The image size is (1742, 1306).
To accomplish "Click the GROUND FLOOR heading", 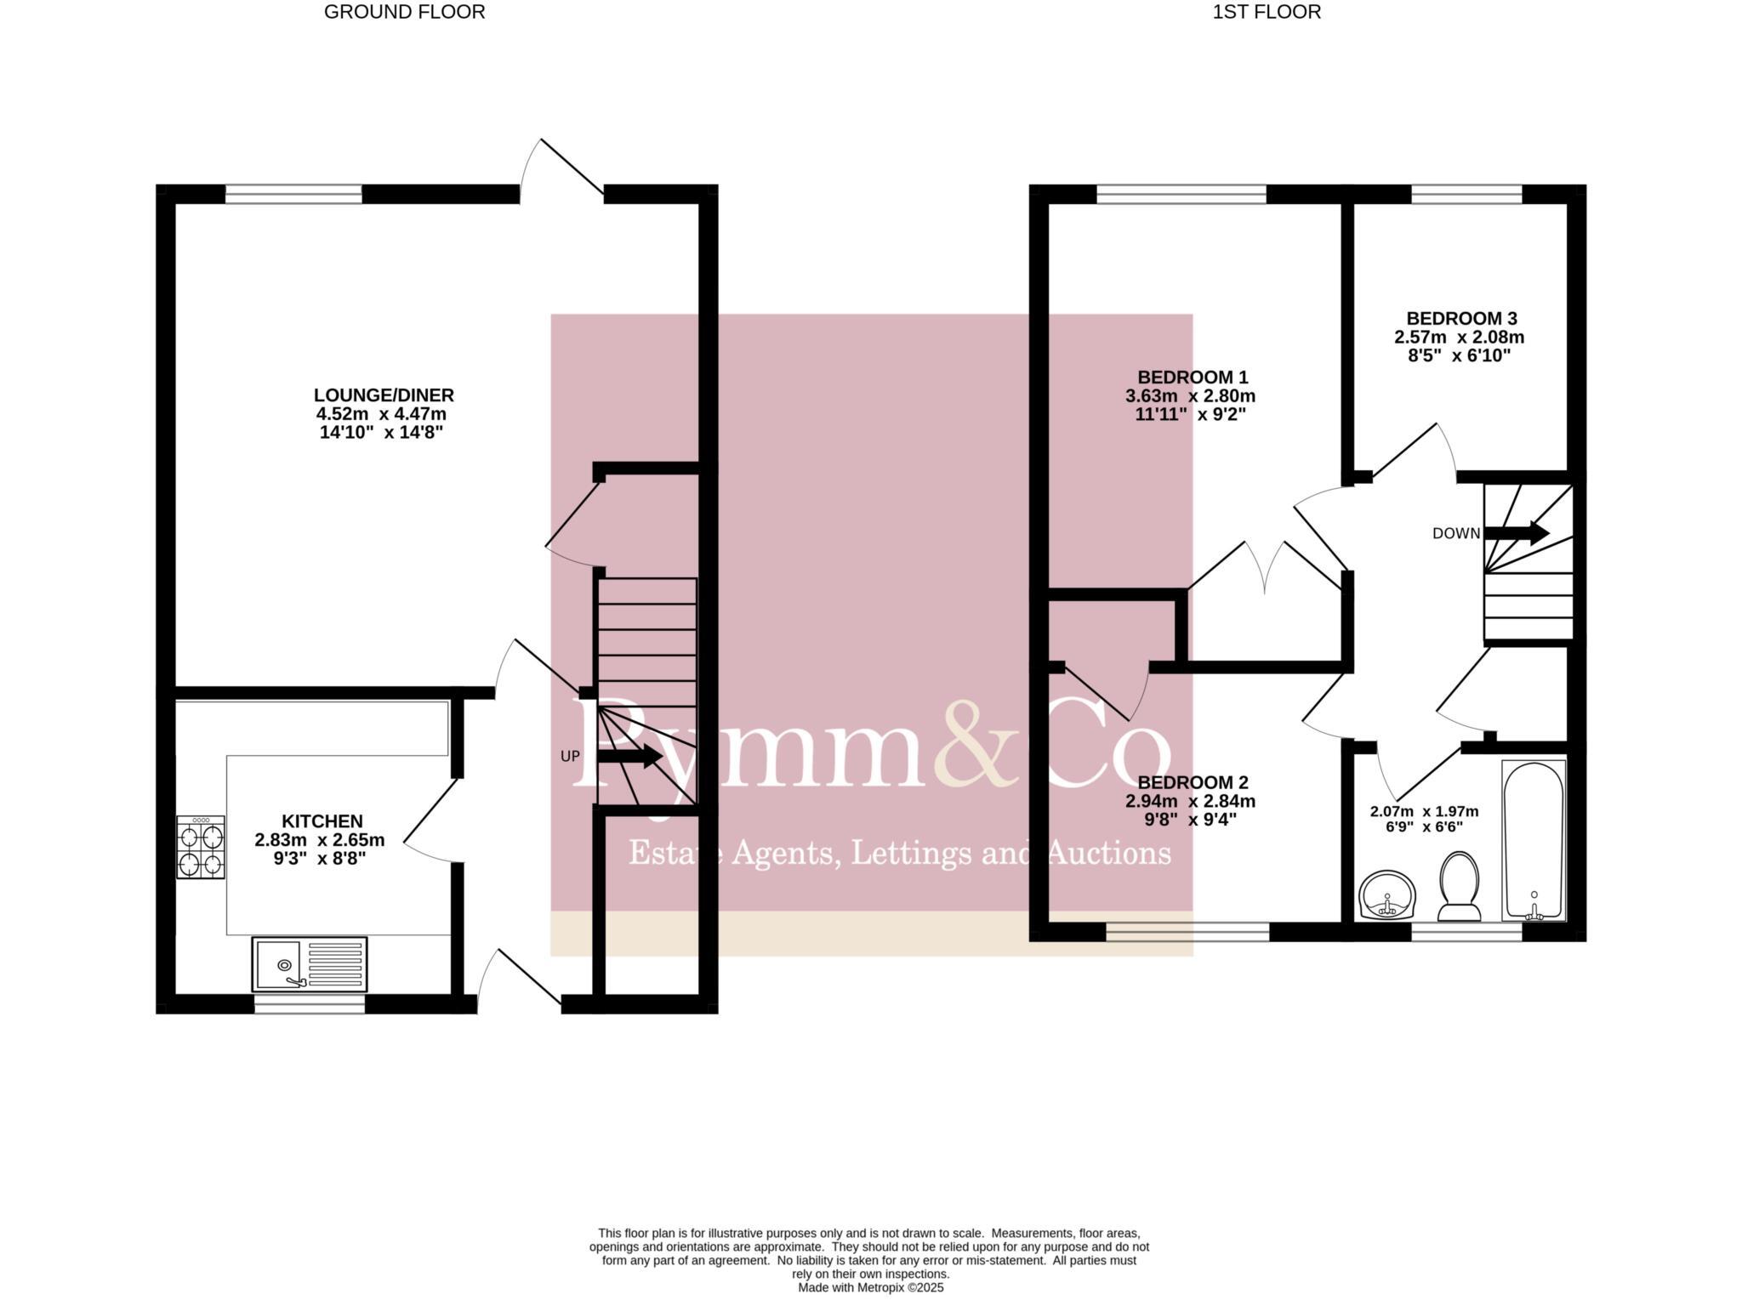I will [x=404, y=12].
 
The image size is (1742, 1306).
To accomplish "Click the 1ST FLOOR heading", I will [x=1267, y=12].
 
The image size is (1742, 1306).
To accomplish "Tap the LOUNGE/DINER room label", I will [x=384, y=395].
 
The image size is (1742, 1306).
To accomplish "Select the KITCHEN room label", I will [x=322, y=821].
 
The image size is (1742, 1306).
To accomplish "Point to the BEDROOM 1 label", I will [x=1193, y=378].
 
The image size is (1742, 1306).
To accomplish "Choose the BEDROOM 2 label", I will [x=1193, y=782].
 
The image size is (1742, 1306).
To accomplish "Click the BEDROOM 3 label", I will [x=1461, y=319].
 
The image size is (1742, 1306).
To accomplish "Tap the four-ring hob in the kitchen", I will [x=201, y=847].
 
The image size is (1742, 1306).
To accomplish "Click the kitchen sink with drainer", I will [x=310, y=964].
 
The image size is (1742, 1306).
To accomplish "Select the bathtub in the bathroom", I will [x=1534, y=840].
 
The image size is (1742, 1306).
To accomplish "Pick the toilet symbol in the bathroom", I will [x=1460, y=887].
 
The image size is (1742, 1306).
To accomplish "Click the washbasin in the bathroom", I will [x=1387, y=895].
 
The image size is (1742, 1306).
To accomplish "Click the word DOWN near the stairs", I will [x=1456, y=534].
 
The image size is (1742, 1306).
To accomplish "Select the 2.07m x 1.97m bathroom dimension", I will [x=1424, y=811].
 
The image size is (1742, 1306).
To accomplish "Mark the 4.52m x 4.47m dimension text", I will [x=381, y=414].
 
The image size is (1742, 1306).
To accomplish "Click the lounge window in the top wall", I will [x=293, y=194].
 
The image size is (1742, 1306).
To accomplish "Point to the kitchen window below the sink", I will [x=310, y=1004].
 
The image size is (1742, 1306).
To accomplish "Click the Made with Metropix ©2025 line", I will [x=870, y=1287].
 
